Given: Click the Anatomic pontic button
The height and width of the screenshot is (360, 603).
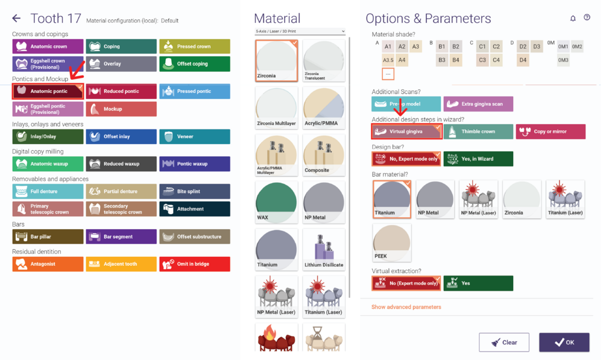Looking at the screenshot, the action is [x=48, y=91].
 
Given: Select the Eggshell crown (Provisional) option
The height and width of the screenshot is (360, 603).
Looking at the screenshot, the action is [x=48, y=64].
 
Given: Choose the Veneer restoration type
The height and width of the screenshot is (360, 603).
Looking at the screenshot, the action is [x=195, y=136].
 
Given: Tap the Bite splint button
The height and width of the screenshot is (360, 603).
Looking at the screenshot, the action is [x=195, y=191].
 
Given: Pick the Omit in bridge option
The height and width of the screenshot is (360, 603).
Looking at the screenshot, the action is [x=195, y=264].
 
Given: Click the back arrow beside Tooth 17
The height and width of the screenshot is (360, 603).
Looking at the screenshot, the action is [x=16, y=18].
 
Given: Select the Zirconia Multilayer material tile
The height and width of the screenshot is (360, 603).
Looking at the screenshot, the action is [x=276, y=108].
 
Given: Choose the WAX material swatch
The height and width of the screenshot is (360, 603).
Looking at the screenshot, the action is [x=276, y=202].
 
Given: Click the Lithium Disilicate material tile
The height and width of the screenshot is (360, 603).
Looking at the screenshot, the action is [x=324, y=249].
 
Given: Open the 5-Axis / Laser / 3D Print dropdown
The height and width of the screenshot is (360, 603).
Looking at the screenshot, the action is [x=300, y=31].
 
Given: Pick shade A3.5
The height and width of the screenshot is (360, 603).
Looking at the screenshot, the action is [x=388, y=60].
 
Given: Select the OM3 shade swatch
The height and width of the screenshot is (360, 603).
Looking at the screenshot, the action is [x=563, y=60].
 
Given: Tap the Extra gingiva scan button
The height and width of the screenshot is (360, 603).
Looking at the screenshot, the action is [x=478, y=104].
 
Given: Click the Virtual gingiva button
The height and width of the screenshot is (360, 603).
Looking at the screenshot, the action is [x=406, y=131].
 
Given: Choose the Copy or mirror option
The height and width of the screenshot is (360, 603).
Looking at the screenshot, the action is [x=551, y=131].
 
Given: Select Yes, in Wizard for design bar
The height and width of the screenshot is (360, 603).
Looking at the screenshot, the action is [x=478, y=159].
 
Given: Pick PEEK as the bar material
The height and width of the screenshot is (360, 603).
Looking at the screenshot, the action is [x=392, y=242].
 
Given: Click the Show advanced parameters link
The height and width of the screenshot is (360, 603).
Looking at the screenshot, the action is [x=406, y=307].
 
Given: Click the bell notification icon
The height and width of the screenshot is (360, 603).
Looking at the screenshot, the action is [x=573, y=18].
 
